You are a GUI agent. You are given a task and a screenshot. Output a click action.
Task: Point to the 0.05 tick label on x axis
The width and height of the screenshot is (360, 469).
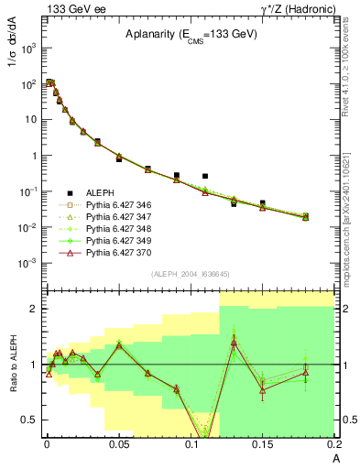[x=118, y=444]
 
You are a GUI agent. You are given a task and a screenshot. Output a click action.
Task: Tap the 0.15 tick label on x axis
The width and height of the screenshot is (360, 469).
[x=263, y=444]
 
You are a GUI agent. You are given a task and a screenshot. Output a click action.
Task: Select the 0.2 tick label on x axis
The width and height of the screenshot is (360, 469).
[x=333, y=444]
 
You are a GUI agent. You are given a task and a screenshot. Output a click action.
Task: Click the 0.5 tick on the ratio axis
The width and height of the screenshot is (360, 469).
[x=30, y=420]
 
